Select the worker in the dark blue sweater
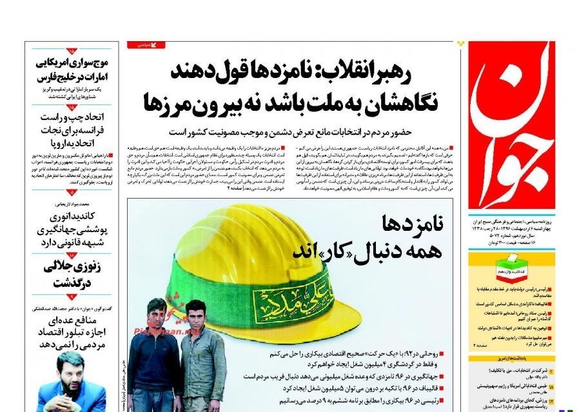[154, 361]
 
